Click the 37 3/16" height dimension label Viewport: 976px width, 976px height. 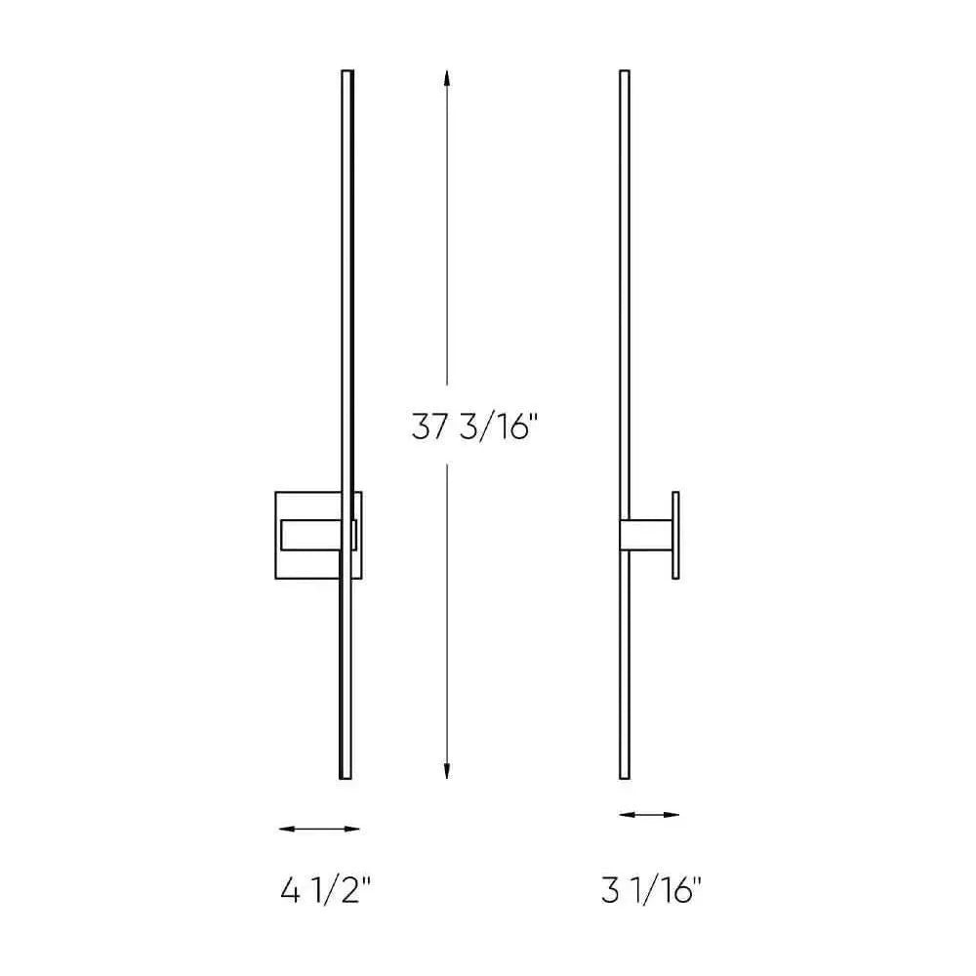pyautogui.click(x=474, y=428)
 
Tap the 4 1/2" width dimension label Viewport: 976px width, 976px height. pyautogui.click(x=326, y=891)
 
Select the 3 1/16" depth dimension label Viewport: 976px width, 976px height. pyautogui.click(x=651, y=891)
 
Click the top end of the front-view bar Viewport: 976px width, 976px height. pyautogui.click(x=346, y=73)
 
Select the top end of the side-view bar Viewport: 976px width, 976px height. pyautogui.click(x=624, y=73)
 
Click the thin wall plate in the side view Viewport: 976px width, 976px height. pyautogui.click(x=674, y=536)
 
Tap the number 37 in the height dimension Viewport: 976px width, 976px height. pyautogui.click(x=430, y=428)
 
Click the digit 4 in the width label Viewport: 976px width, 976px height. pyautogui.click(x=290, y=891)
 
